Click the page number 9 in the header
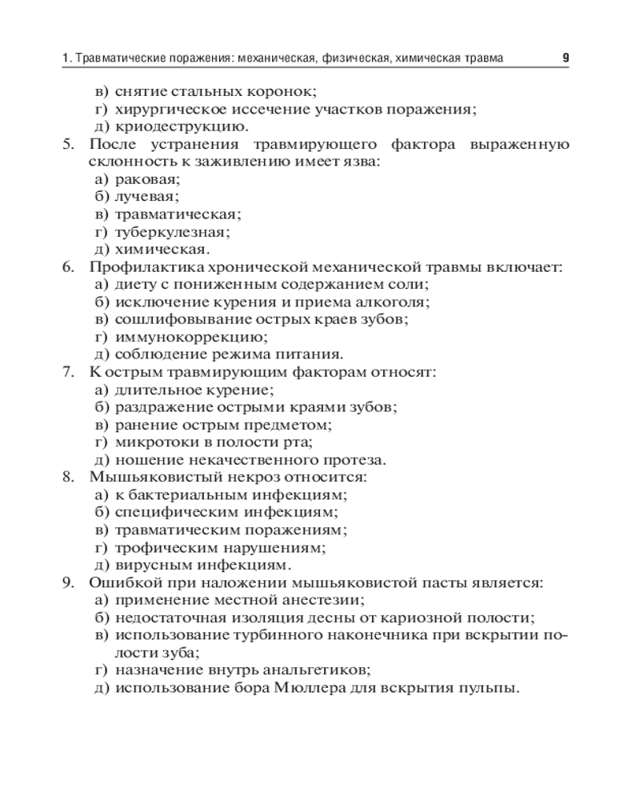566,58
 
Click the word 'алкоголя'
394,302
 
